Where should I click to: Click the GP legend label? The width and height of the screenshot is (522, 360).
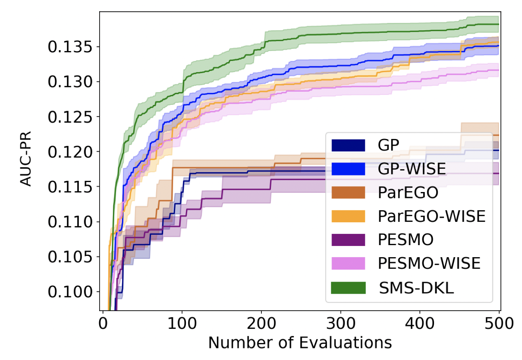coord(389,145)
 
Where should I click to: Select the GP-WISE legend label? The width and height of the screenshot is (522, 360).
coord(412,169)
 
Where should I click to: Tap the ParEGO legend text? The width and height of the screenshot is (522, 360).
coord(408,192)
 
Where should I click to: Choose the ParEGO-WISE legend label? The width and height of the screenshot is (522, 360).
coord(432,216)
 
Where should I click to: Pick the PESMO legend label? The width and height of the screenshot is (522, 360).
coord(406,240)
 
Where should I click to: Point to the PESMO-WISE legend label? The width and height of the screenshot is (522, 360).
coord(429,263)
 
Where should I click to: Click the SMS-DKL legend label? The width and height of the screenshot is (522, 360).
coord(416,287)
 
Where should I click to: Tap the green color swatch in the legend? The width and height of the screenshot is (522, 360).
coord(348,287)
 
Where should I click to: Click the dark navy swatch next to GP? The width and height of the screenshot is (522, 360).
coord(348,145)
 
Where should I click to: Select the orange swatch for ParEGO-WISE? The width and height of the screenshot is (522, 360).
coord(348,216)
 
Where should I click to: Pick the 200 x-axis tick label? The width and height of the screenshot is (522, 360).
coord(261,323)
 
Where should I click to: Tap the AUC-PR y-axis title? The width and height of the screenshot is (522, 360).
coord(26,160)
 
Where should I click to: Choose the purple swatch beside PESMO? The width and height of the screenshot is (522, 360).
coord(348,240)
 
